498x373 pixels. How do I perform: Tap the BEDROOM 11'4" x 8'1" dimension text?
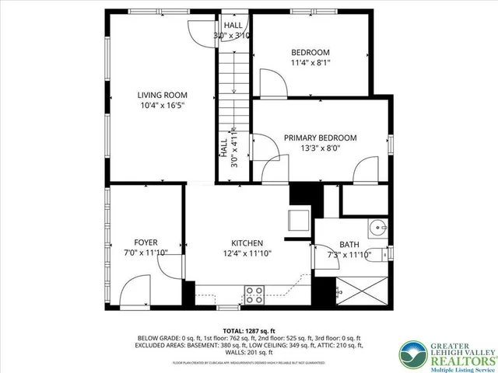(310, 63)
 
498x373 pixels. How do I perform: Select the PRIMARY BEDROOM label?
(320, 137)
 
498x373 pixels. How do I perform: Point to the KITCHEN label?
(247, 242)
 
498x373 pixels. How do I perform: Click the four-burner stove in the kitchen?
(254, 295)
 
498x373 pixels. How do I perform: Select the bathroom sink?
(377, 229)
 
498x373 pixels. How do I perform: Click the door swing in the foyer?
(169, 268)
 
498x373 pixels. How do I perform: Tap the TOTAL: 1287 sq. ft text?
(249, 330)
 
